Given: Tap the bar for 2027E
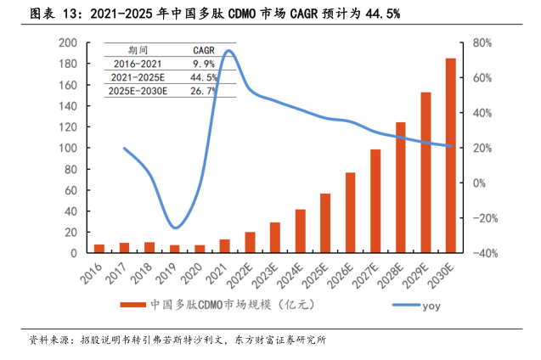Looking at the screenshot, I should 375,201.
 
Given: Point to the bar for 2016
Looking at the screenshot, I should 99,249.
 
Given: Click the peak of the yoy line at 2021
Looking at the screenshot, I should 228,52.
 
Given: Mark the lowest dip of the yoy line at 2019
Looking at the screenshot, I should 175,228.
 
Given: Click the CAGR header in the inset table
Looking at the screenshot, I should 203,50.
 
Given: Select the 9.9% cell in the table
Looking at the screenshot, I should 203,64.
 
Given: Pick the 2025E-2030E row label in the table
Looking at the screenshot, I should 138,91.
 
